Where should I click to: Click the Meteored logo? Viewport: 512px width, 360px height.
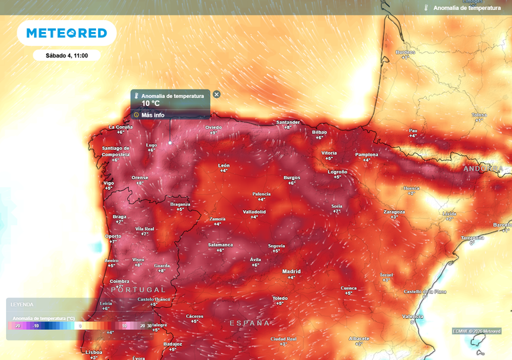[66, 33]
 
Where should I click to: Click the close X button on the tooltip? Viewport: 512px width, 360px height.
[217, 95]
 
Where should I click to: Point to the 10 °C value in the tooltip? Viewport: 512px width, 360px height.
[151, 104]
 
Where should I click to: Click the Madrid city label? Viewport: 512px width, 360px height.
[291, 271]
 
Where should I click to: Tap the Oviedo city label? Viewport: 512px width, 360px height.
[213, 127]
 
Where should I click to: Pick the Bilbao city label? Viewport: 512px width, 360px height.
[319, 132]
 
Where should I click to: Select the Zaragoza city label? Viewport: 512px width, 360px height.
[394, 211]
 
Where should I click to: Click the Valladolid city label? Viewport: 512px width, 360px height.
[254, 211]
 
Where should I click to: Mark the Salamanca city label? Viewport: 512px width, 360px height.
[221, 245]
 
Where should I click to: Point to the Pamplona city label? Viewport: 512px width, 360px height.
[366, 155]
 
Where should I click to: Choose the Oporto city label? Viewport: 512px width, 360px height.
[113, 236]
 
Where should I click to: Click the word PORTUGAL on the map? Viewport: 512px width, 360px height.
[138, 290]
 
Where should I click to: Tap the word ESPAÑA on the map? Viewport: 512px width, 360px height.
[249, 323]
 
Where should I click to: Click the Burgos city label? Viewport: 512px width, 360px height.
[292, 177]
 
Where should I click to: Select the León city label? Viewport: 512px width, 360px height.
[224, 165]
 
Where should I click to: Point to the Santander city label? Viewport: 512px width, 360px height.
[288, 122]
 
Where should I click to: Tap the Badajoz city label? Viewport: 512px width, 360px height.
[173, 344]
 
